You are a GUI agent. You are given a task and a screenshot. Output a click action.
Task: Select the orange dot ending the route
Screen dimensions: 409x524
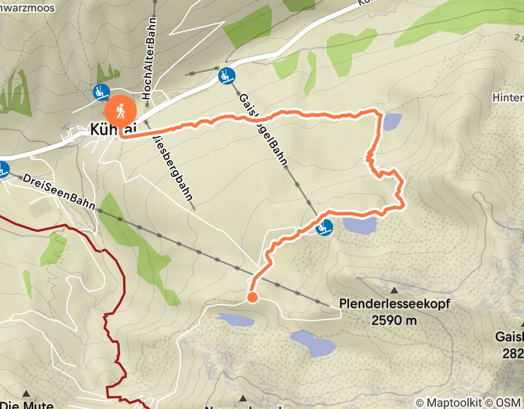coord(252,298)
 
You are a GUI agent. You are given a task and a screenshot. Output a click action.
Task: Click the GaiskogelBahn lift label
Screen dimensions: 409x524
coord(263,129)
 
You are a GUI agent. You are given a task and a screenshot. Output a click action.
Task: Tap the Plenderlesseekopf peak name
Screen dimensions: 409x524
coord(395,304)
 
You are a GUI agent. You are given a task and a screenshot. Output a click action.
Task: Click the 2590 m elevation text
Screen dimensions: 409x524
coord(394,320)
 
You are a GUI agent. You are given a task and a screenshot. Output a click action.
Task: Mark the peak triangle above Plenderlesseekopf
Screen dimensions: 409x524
coord(394,290)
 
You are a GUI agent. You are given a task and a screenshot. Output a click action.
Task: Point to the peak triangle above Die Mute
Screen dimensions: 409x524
coord(26,394)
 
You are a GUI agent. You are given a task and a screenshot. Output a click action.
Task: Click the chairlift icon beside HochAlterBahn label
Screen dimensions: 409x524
coord(102,92)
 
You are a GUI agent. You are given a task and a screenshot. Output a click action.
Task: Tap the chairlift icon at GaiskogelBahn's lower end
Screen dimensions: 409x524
coord(226,75)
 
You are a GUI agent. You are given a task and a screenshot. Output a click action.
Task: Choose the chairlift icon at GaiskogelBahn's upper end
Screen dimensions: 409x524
coord(324,227)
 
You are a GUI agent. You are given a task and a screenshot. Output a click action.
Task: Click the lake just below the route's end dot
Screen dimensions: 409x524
coord(235,319)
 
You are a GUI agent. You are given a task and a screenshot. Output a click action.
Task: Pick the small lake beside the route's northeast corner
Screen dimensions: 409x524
coord(392,122)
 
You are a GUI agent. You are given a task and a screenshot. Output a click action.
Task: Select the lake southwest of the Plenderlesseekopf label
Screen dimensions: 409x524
coord(313,343)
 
